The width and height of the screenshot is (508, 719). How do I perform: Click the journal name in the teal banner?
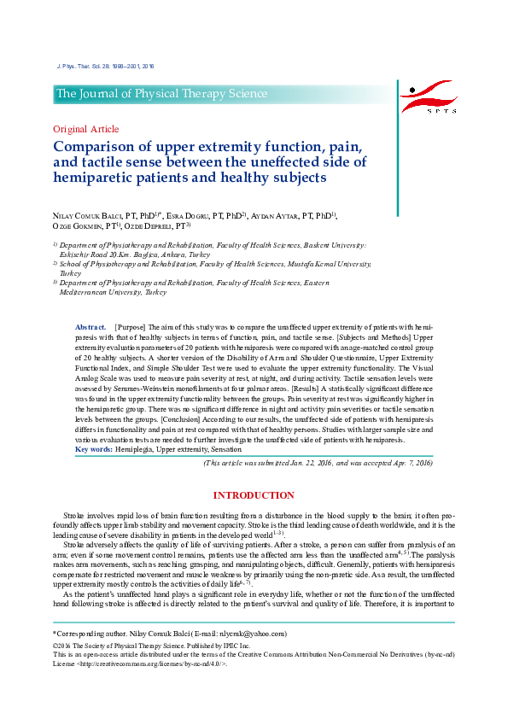[162, 94]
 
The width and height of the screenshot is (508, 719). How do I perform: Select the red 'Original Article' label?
[84, 129]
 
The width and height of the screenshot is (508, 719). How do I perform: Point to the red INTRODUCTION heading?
[254, 495]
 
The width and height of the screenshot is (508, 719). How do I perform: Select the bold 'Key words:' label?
[92, 449]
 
